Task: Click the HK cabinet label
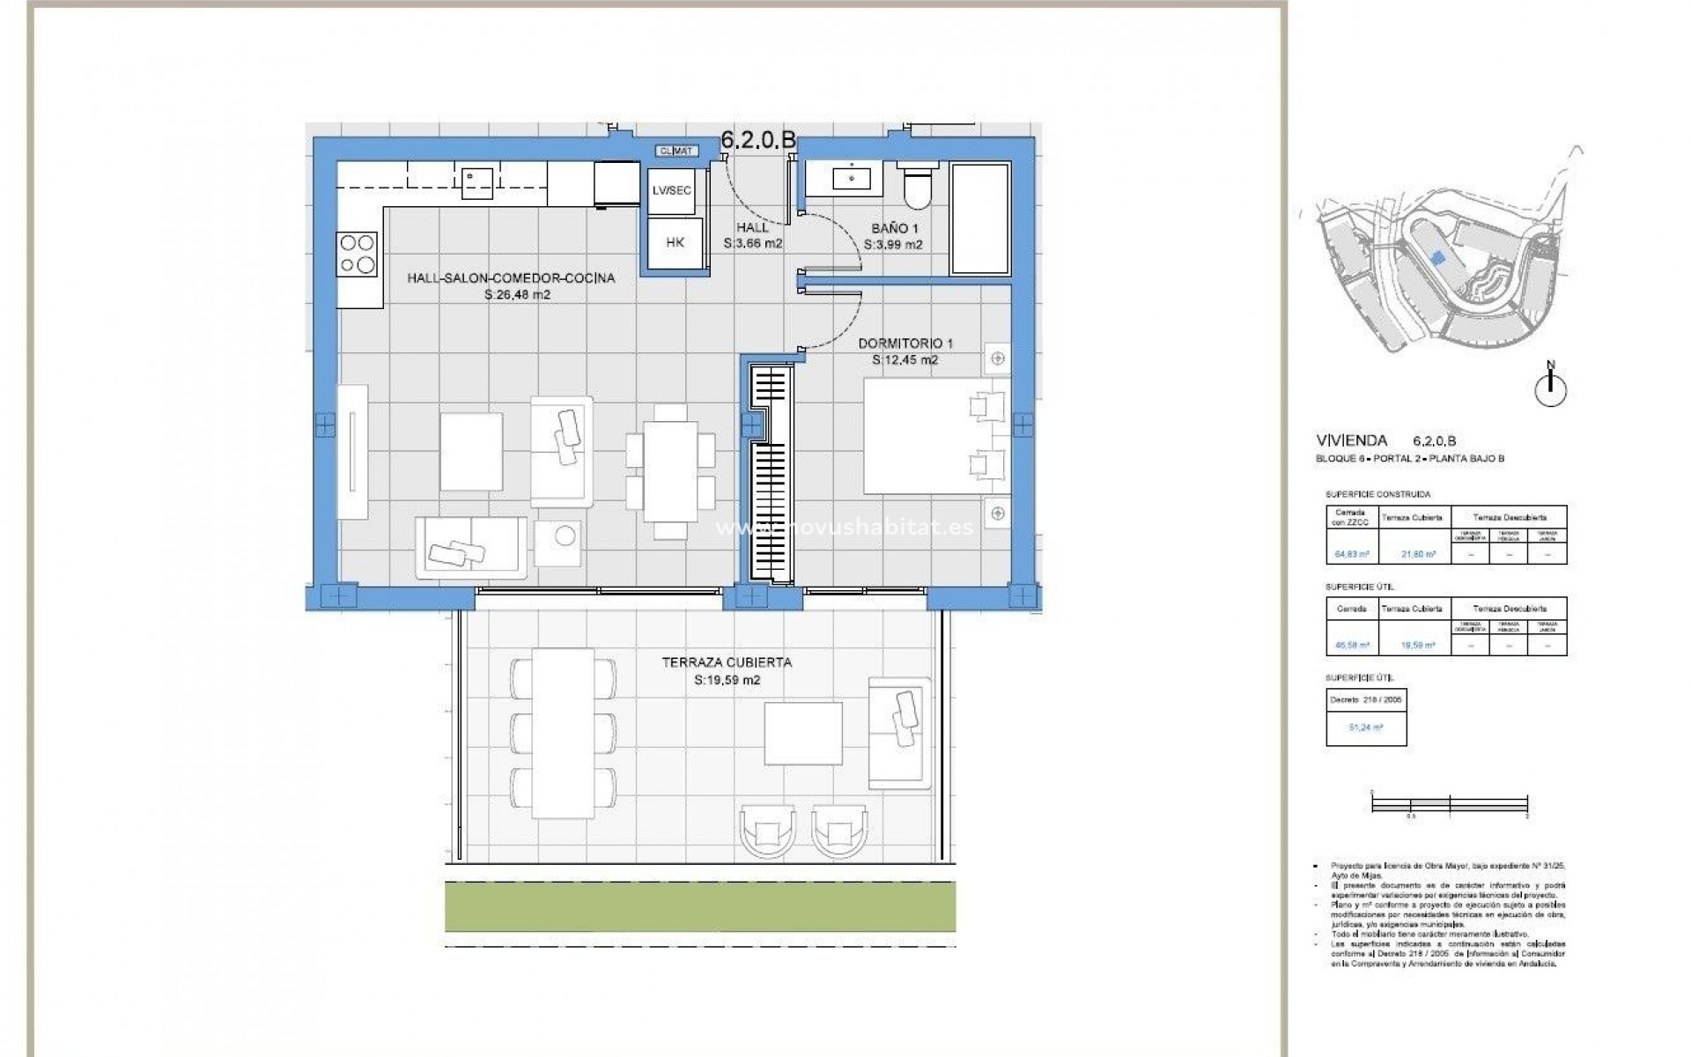[x=675, y=242]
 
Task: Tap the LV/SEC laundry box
[x=672, y=189]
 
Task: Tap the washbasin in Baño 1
[x=853, y=179]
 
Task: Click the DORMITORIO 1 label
[x=905, y=344]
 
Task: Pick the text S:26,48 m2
[x=517, y=295]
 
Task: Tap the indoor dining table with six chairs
[x=669, y=471]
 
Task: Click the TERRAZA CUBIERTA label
[x=727, y=662]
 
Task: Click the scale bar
[x=1449, y=803]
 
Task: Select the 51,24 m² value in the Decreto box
[x=1365, y=728]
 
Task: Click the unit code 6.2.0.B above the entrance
[x=758, y=139]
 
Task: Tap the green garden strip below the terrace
[x=700, y=908]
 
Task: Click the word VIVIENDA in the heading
[x=1351, y=440]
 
